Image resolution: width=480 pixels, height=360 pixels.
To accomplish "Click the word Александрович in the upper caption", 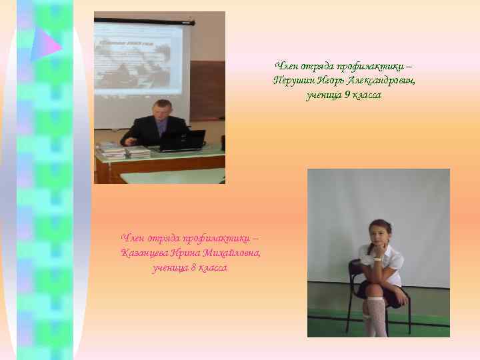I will tap(381, 81).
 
